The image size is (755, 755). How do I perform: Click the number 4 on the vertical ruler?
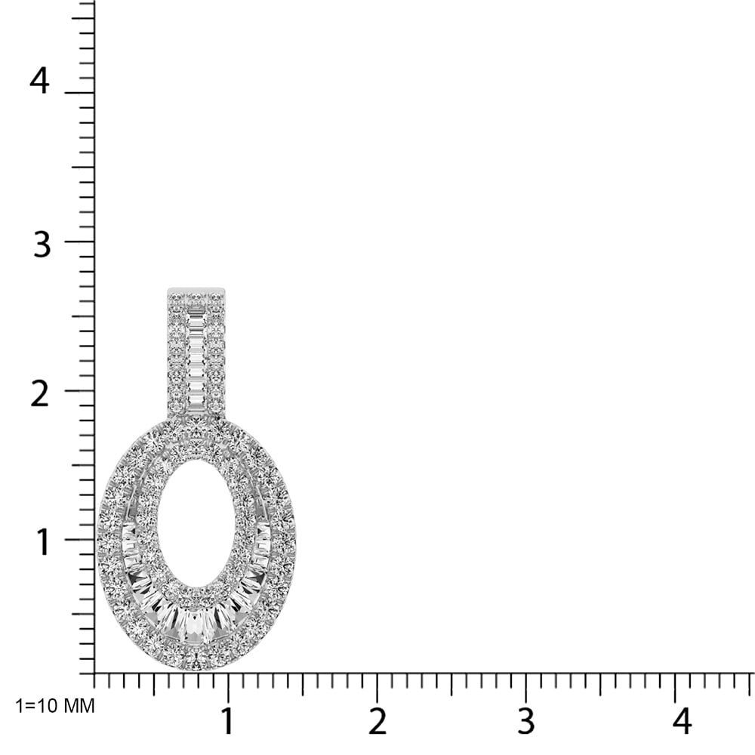point(39,81)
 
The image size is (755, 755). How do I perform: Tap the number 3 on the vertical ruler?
point(42,245)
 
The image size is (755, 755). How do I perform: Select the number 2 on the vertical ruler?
point(40,394)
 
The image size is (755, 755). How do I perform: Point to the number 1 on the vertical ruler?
point(43,542)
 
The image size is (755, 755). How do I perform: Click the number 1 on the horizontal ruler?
point(227,722)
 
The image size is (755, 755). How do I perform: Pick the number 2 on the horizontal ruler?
point(377,722)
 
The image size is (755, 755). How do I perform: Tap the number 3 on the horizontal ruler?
point(526,722)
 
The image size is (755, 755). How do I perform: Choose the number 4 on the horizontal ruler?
point(682,722)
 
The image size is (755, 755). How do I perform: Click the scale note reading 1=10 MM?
point(55,707)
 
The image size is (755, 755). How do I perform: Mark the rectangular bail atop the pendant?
point(196,351)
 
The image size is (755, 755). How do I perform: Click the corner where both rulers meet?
point(94,673)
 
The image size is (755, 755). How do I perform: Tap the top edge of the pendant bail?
point(196,288)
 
